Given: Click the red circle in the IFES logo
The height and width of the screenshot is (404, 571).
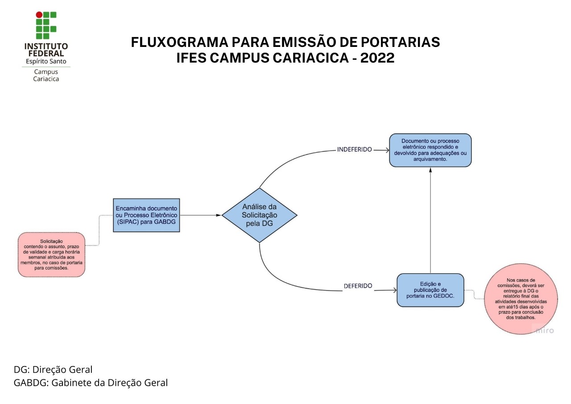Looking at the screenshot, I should (x=39, y=15).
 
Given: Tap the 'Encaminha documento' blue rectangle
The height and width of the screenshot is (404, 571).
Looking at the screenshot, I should (x=146, y=215).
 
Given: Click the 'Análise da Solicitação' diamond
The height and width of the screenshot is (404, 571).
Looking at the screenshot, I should (x=259, y=215).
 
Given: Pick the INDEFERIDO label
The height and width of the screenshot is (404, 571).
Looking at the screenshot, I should (x=354, y=149).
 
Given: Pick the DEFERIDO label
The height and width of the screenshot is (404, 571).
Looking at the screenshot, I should (x=358, y=286).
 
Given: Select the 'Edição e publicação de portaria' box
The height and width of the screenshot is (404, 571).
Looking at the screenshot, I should (x=430, y=290).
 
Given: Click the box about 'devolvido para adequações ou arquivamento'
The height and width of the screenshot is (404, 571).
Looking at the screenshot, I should (x=430, y=150).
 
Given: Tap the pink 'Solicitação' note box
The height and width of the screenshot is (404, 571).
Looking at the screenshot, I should (x=51, y=255).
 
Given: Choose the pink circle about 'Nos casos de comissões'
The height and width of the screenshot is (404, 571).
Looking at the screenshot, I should (x=521, y=299).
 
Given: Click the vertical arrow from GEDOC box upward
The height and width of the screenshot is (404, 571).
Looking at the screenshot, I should (x=430, y=219).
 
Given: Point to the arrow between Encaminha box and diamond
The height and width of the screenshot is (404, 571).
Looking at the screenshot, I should (x=201, y=215).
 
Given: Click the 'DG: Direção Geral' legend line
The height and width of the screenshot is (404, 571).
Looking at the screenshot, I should (x=53, y=370).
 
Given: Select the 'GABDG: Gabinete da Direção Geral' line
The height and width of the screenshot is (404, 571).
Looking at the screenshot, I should (x=91, y=383).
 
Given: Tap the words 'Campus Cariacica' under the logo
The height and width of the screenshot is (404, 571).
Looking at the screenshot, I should (x=46, y=75).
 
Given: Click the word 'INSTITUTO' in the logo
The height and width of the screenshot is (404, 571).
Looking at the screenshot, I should (x=46, y=46).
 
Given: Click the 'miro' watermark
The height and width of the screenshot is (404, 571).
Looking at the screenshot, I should (x=544, y=331).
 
